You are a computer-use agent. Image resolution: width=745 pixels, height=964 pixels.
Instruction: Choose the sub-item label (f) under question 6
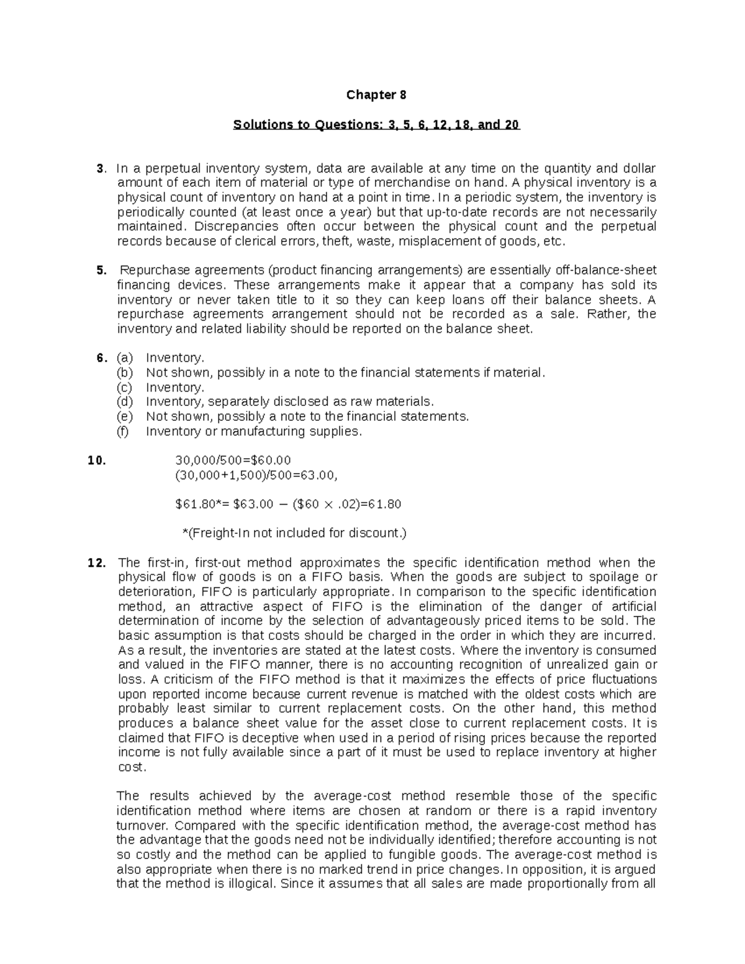123,431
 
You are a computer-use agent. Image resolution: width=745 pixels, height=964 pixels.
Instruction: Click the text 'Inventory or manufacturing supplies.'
253,431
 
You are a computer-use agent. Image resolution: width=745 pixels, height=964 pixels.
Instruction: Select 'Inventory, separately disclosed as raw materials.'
290,402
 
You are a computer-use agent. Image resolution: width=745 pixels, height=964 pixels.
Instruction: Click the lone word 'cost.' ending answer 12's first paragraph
132,767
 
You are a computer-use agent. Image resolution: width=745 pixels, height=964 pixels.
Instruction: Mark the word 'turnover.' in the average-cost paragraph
143,826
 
